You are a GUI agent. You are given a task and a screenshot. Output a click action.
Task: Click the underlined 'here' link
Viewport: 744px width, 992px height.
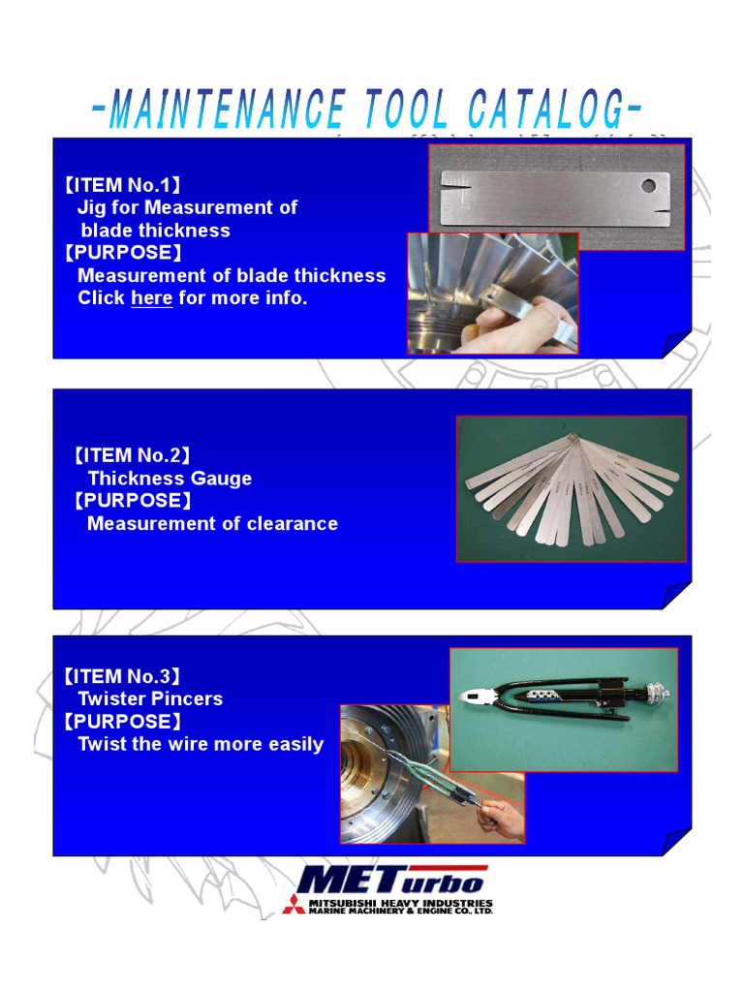(x=151, y=298)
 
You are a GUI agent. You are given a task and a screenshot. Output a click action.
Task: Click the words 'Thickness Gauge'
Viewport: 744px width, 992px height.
(x=170, y=479)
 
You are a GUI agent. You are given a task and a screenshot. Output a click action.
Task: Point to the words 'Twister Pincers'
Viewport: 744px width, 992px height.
(x=150, y=698)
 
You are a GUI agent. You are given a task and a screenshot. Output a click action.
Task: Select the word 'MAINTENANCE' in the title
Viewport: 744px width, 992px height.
(x=227, y=109)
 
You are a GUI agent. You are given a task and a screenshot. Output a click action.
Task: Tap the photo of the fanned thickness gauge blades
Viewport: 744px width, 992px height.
(x=571, y=489)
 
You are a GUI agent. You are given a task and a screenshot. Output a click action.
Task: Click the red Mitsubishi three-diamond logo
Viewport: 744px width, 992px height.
(x=293, y=905)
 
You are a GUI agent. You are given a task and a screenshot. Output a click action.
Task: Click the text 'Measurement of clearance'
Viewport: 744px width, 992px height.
(x=212, y=524)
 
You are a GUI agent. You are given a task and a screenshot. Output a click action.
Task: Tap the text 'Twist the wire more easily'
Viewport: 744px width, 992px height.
(x=201, y=744)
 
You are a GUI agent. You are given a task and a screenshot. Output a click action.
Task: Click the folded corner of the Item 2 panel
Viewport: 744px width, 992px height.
(x=675, y=593)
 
